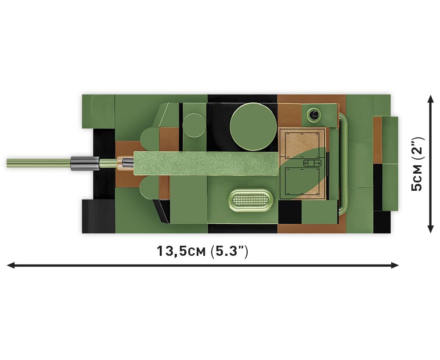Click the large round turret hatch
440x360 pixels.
[x=253, y=126]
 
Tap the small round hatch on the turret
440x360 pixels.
[x=194, y=125]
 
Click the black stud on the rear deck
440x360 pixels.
[x=313, y=114]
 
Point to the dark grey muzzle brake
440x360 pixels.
[x=85, y=163]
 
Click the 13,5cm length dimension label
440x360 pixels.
[x=202, y=251]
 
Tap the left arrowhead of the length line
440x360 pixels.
[x=11, y=265]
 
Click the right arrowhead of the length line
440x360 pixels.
[x=395, y=265]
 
